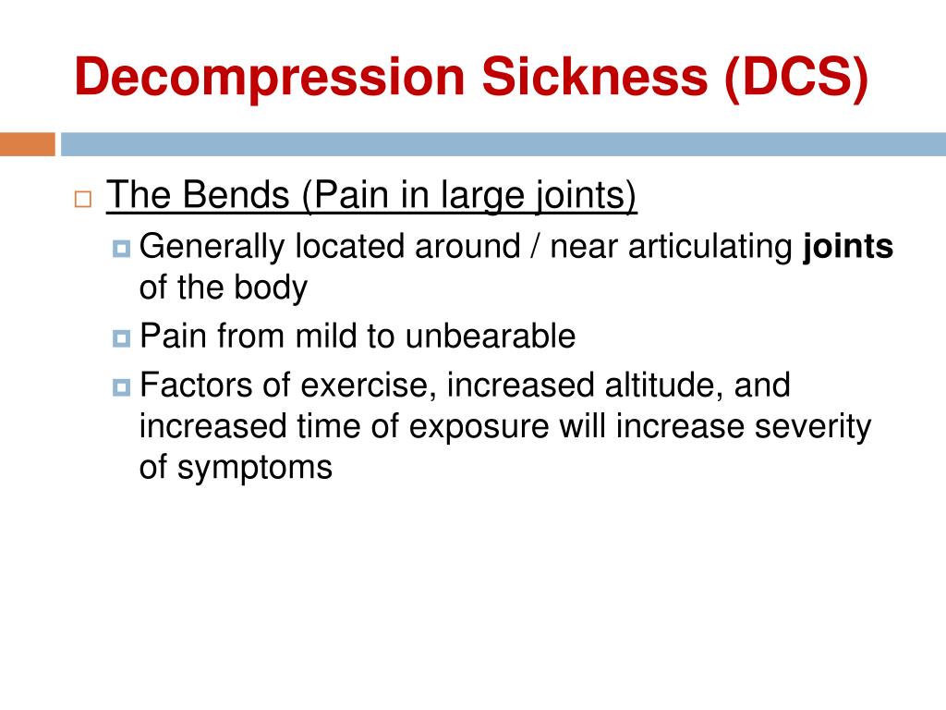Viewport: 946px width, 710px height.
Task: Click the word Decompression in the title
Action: click(269, 79)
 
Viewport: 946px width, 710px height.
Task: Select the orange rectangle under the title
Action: click(27, 144)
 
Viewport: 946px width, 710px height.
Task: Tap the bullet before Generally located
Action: click(122, 248)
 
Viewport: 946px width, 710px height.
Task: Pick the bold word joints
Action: click(849, 247)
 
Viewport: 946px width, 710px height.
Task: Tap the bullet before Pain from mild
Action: click(122, 337)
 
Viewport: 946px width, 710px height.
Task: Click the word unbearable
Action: click(489, 336)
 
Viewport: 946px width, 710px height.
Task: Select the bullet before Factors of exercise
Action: click(122, 386)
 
